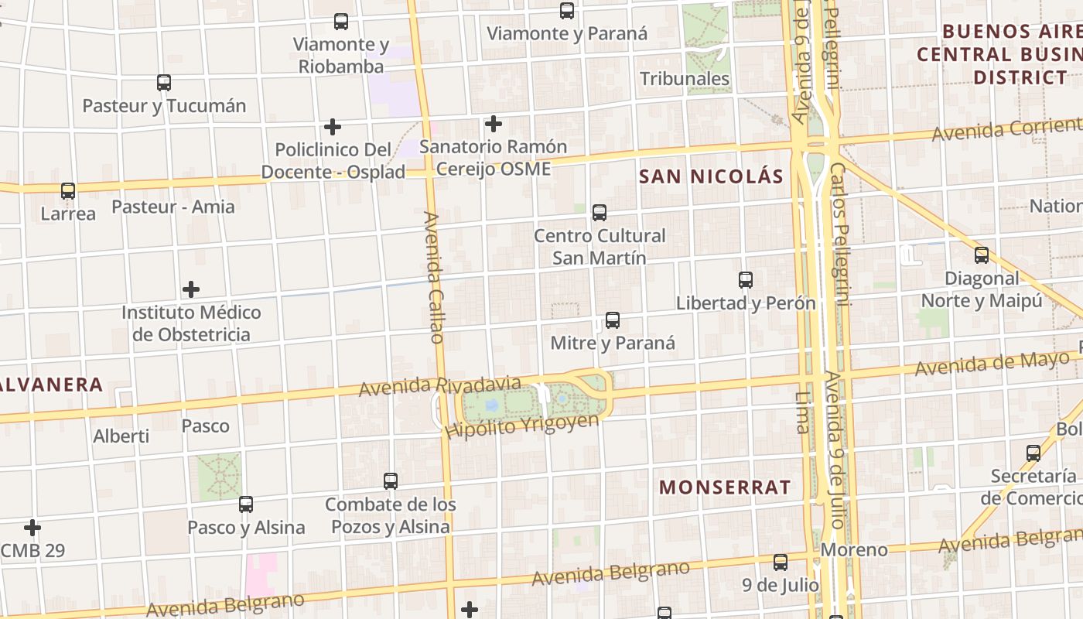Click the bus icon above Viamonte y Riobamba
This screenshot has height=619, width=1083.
click(x=341, y=22)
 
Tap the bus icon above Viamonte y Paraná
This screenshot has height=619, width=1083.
click(x=567, y=11)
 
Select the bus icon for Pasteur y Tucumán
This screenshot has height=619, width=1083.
click(x=164, y=83)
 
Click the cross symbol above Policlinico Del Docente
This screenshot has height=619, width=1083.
click(x=333, y=127)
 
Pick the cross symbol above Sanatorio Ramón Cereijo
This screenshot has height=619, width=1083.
click(x=494, y=124)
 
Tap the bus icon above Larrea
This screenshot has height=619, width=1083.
click(x=68, y=190)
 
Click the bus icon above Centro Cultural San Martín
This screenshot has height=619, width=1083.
click(x=600, y=213)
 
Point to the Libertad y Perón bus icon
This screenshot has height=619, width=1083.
click(x=746, y=280)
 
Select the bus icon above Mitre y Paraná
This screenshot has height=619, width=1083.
click(x=613, y=320)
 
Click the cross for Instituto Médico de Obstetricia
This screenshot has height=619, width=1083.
click(x=191, y=290)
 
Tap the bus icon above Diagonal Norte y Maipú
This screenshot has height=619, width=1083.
click(x=982, y=255)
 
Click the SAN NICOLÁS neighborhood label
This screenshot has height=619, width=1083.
click(x=712, y=176)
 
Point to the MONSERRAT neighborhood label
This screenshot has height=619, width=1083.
click(x=725, y=487)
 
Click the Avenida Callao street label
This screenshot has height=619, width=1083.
click(x=435, y=278)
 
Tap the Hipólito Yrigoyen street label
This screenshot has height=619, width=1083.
click(x=523, y=426)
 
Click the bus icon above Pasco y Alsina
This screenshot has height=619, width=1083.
click(x=246, y=504)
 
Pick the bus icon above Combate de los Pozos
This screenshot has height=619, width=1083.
click(x=391, y=481)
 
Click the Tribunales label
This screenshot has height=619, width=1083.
click(x=685, y=79)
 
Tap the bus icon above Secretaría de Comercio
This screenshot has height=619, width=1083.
click(x=1033, y=453)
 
